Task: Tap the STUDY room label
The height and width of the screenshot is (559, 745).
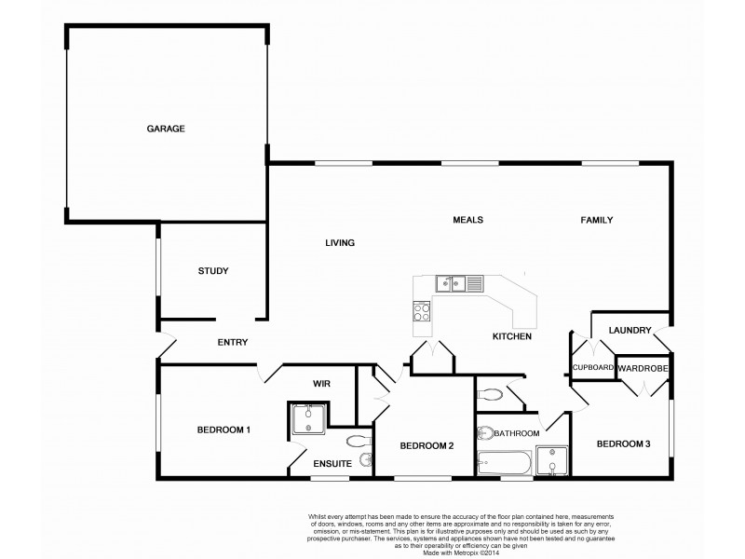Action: tap(212, 271)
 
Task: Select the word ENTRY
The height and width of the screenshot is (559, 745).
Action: tap(232, 342)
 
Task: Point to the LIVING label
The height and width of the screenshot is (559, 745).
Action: tap(340, 243)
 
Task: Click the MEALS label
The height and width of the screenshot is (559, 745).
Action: tap(467, 220)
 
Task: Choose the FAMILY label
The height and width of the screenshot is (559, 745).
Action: tap(596, 220)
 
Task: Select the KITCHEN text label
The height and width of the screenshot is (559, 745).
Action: tap(512, 335)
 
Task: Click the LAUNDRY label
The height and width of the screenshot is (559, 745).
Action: tap(628, 330)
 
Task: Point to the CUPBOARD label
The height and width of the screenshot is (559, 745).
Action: tap(592, 368)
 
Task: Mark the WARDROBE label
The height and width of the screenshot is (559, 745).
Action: tap(643, 368)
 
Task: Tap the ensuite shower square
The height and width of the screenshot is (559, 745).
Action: tap(310, 421)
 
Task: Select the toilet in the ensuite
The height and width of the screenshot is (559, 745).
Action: tap(357, 441)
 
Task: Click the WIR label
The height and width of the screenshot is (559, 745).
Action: tap(322, 384)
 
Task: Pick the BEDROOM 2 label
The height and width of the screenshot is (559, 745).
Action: tap(427, 446)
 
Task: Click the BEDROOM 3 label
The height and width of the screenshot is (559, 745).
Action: tap(623, 443)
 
